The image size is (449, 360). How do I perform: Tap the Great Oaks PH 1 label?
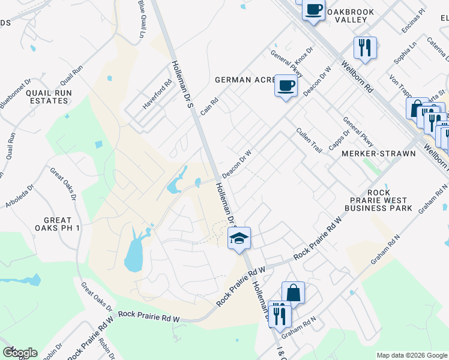[x=58, y=224]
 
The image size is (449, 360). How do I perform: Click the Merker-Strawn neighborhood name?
[x=378, y=154]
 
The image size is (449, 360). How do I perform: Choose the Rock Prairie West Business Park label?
[x=379, y=204]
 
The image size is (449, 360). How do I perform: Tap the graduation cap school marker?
[x=239, y=238]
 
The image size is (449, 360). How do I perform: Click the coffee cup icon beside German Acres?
[x=286, y=85]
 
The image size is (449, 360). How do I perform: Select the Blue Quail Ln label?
[x=142, y=20]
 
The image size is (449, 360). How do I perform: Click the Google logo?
[x=19, y=353]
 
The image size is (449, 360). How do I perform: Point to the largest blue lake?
[x=133, y=255]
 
